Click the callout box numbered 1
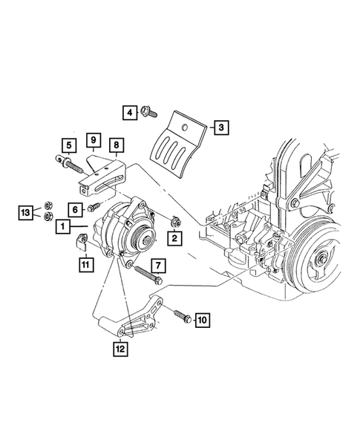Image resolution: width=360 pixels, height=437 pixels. (x=63, y=226)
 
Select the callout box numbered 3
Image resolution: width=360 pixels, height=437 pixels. (x=221, y=128)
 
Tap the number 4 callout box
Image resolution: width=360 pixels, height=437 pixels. (x=130, y=113)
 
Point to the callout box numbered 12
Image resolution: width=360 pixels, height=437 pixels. (x=120, y=349)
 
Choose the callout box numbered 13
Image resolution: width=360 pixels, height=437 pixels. (x=26, y=213)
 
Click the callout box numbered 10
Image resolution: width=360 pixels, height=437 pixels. (x=202, y=321)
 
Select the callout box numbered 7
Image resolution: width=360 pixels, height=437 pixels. (x=158, y=266)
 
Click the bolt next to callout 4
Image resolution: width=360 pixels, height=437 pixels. (x=149, y=112)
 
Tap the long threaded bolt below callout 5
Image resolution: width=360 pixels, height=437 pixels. (x=70, y=164)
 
